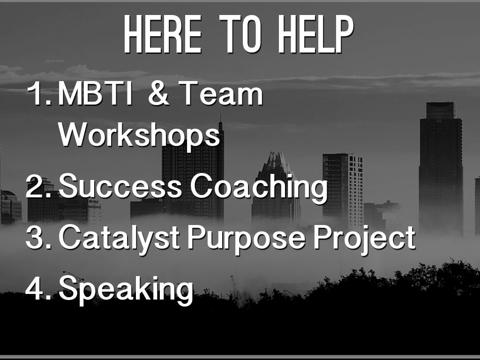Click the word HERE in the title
[163, 34]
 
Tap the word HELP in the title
[316, 34]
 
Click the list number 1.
[39, 93]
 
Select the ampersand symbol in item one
[158, 93]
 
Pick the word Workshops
[139, 135]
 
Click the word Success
[120, 186]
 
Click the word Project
[364, 239]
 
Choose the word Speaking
[126, 290]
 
